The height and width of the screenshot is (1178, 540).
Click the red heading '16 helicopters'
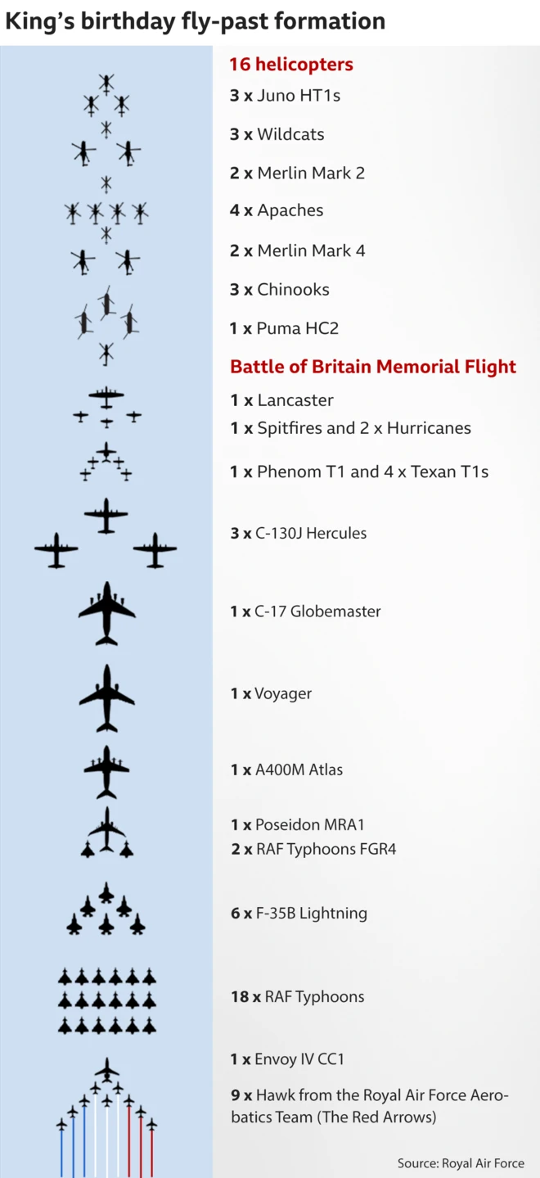click(291, 64)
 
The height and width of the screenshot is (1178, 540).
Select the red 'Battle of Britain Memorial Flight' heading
click(373, 367)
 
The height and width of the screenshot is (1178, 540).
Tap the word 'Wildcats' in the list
click(290, 134)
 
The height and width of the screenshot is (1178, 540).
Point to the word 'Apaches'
click(290, 210)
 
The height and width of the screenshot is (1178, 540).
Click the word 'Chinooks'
click(294, 289)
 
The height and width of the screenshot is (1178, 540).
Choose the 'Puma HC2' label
click(298, 328)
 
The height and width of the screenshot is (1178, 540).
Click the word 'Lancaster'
click(295, 400)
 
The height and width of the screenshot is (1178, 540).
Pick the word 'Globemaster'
click(335, 611)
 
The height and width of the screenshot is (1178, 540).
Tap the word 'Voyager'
click(283, 693)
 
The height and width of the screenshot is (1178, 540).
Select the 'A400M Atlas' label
click(299, 770)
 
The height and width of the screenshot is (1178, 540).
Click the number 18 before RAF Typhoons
click(240, 996)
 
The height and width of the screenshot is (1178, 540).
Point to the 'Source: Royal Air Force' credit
click(461, 1163)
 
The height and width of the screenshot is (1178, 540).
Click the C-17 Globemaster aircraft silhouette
click(107, 613)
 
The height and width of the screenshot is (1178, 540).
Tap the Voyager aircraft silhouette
click(107, 698)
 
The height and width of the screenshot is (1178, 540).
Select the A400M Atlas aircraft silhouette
click(106, 772)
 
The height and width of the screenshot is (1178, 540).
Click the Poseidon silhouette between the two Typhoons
click(107, 829)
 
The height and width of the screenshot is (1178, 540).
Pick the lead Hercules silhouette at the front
click(106, 516)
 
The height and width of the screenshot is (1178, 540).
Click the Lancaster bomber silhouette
click(106, 397)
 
